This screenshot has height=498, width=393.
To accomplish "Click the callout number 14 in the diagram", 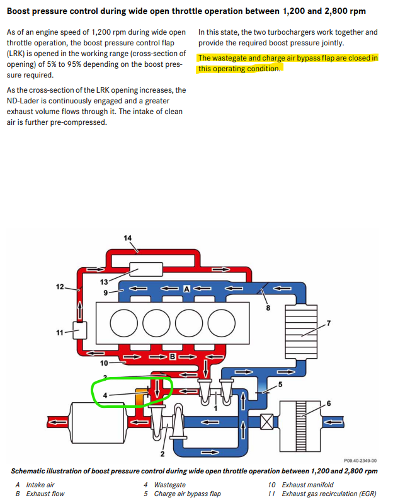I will click(x=128, y=238).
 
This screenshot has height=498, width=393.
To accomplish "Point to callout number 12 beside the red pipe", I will click(x=60, y=287).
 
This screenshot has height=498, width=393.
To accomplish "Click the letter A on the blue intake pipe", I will click(x=186, y=288).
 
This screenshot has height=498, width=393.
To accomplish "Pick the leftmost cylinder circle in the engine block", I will click(x=121, y=323).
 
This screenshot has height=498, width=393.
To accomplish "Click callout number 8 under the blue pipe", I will click(x=268, y=308).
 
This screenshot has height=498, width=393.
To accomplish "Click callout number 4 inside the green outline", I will click(x=106, y=395).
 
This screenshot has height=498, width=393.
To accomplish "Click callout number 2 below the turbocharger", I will click(x=162, y=454).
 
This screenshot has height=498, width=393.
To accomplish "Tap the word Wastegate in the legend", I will click(x=169, y=485).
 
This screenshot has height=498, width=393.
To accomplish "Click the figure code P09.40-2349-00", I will click(x=360, y=461).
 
